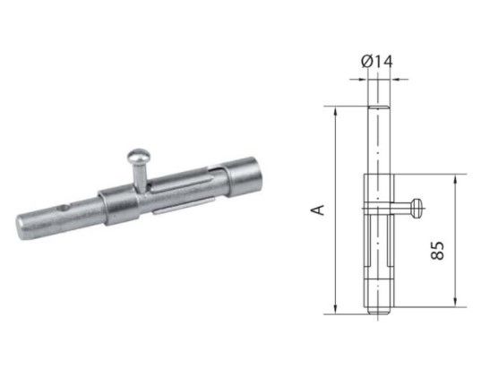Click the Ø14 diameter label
[377, 61]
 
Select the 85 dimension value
[437, 251]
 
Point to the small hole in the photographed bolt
[65, 208]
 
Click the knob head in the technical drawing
[416, 208]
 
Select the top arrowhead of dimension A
[335, 112]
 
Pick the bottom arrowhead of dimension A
[335, 309]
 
